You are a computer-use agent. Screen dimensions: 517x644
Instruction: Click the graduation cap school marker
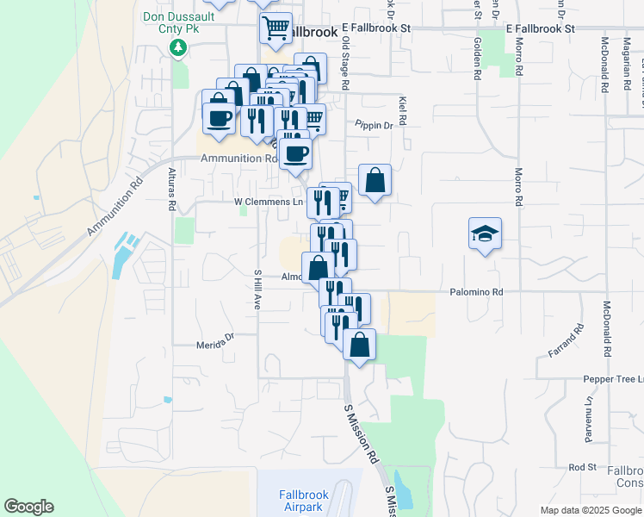click(485, 233)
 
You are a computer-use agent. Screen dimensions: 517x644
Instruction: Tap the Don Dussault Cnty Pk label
click(177, 17)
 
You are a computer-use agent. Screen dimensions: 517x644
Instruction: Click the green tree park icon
click(178, 47)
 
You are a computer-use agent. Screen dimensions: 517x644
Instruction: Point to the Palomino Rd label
click(476, 292)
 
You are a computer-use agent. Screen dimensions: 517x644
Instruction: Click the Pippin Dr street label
click(375, 125)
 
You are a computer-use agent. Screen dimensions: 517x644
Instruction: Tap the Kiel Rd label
click(402, 110)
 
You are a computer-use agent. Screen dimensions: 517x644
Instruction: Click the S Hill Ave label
click(257, 289)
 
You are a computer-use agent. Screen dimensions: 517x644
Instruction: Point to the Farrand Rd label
click(566, 341)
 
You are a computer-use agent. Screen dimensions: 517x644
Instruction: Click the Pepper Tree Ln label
click(613, 379)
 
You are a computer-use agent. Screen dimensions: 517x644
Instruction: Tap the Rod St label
click(583, 467)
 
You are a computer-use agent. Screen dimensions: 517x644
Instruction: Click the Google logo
click(28, 507)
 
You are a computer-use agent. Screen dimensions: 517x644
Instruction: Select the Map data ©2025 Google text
click(590, 510)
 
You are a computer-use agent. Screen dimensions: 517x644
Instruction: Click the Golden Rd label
click(476, 57)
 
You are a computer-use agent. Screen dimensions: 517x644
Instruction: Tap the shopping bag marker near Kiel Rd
click(375, 180)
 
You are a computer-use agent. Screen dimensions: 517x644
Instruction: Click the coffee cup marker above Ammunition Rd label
click(294, 154)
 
